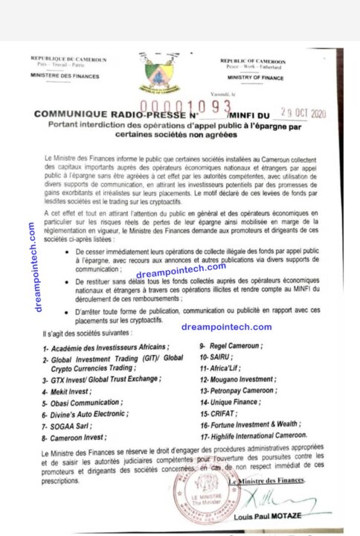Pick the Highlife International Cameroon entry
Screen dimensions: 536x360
click(253, 435)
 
